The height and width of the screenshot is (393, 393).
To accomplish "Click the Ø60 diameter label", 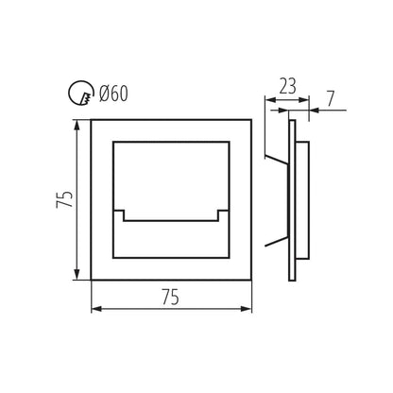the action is [113, 94].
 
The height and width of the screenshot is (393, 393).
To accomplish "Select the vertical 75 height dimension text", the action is [64, 199].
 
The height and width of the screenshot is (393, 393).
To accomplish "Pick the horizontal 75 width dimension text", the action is [170, 297].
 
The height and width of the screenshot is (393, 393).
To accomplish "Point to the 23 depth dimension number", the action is [288, 86].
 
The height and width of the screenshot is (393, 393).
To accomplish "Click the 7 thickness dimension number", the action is [330, 99].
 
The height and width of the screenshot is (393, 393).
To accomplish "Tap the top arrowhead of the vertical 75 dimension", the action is [77, 125].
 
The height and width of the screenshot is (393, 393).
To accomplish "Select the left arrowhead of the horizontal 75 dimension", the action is [96, 309].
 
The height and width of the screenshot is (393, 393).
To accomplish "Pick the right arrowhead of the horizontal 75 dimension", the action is [247, 309].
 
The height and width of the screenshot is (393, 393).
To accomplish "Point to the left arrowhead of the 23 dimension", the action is [270, 100].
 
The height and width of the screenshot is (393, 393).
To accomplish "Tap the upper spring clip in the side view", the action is [277, 160].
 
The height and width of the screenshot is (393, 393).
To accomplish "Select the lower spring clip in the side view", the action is [277, 241].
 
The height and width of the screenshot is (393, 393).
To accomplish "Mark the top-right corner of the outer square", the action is [251, 120].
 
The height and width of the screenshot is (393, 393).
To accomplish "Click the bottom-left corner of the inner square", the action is [113, 258].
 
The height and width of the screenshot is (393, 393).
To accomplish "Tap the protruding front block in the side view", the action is [302, 201].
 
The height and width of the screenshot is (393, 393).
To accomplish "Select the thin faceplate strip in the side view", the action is [292, 200].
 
